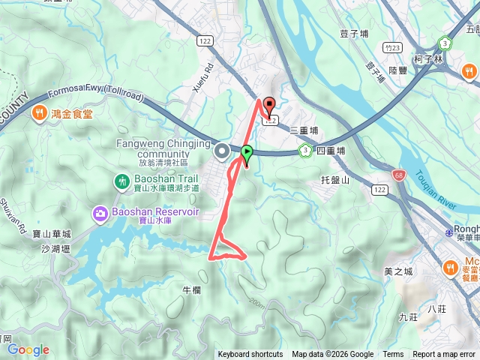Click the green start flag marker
point(247,152)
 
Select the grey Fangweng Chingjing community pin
point(222,152)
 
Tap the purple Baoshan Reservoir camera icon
point(100,214)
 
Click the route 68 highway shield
point(395,175)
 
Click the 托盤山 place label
point(335,180)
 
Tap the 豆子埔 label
point(353,34)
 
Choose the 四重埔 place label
point(331,151)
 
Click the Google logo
point(28,349)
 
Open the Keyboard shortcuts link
point(250,355)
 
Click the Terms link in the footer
point(393,355)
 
